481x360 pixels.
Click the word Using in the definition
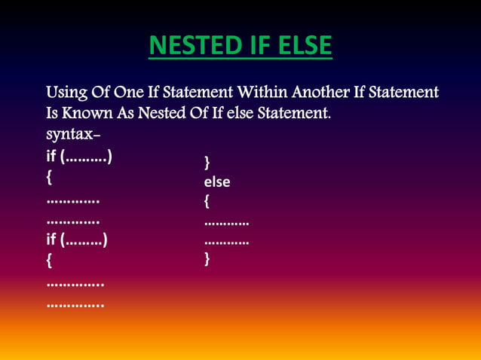(x=66, y=93)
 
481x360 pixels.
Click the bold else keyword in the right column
(x=217, y=182)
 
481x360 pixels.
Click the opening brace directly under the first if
(x=50, y=178)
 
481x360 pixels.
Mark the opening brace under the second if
(x=50, y=262)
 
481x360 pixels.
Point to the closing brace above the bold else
(x=207, y=163)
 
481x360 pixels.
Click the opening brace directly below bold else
(x=207, y=202)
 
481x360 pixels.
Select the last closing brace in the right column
(x=207, y=260)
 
